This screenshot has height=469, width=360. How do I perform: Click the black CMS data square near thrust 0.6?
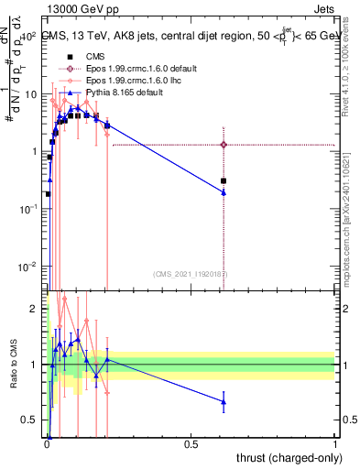[x=224, y=181]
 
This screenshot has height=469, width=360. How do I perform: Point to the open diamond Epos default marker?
[x=224, y=145]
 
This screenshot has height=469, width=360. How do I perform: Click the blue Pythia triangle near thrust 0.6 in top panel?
[x=224, y=192]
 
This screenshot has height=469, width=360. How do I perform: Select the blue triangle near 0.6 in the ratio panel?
[x=224, y=401]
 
